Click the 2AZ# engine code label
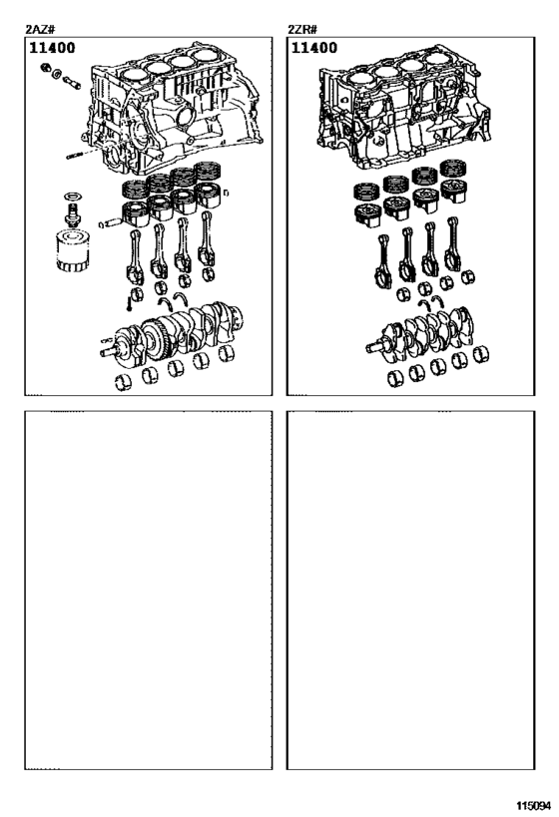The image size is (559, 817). coord(40,29)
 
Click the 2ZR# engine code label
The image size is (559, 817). coord(302,29)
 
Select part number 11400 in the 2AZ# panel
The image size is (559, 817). coord(52,48)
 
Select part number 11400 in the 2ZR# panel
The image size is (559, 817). coord(313,48)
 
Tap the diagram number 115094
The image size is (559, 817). coord(533,806)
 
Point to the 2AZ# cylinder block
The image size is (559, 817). coord(171,110)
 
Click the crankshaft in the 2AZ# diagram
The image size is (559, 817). coord(172,333)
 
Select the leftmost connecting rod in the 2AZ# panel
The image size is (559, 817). coord(136,257)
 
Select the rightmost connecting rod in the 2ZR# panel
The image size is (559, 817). coord(452,243)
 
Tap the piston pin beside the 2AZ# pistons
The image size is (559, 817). coord(110,222)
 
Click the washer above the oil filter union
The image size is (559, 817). coord(73,197)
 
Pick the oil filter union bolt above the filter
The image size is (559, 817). coord(73,213)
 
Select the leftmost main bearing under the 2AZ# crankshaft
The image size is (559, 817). coord(123,382)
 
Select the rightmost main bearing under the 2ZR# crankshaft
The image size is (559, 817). coord(480,354)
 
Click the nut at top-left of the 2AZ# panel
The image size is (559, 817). coord(46,67)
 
